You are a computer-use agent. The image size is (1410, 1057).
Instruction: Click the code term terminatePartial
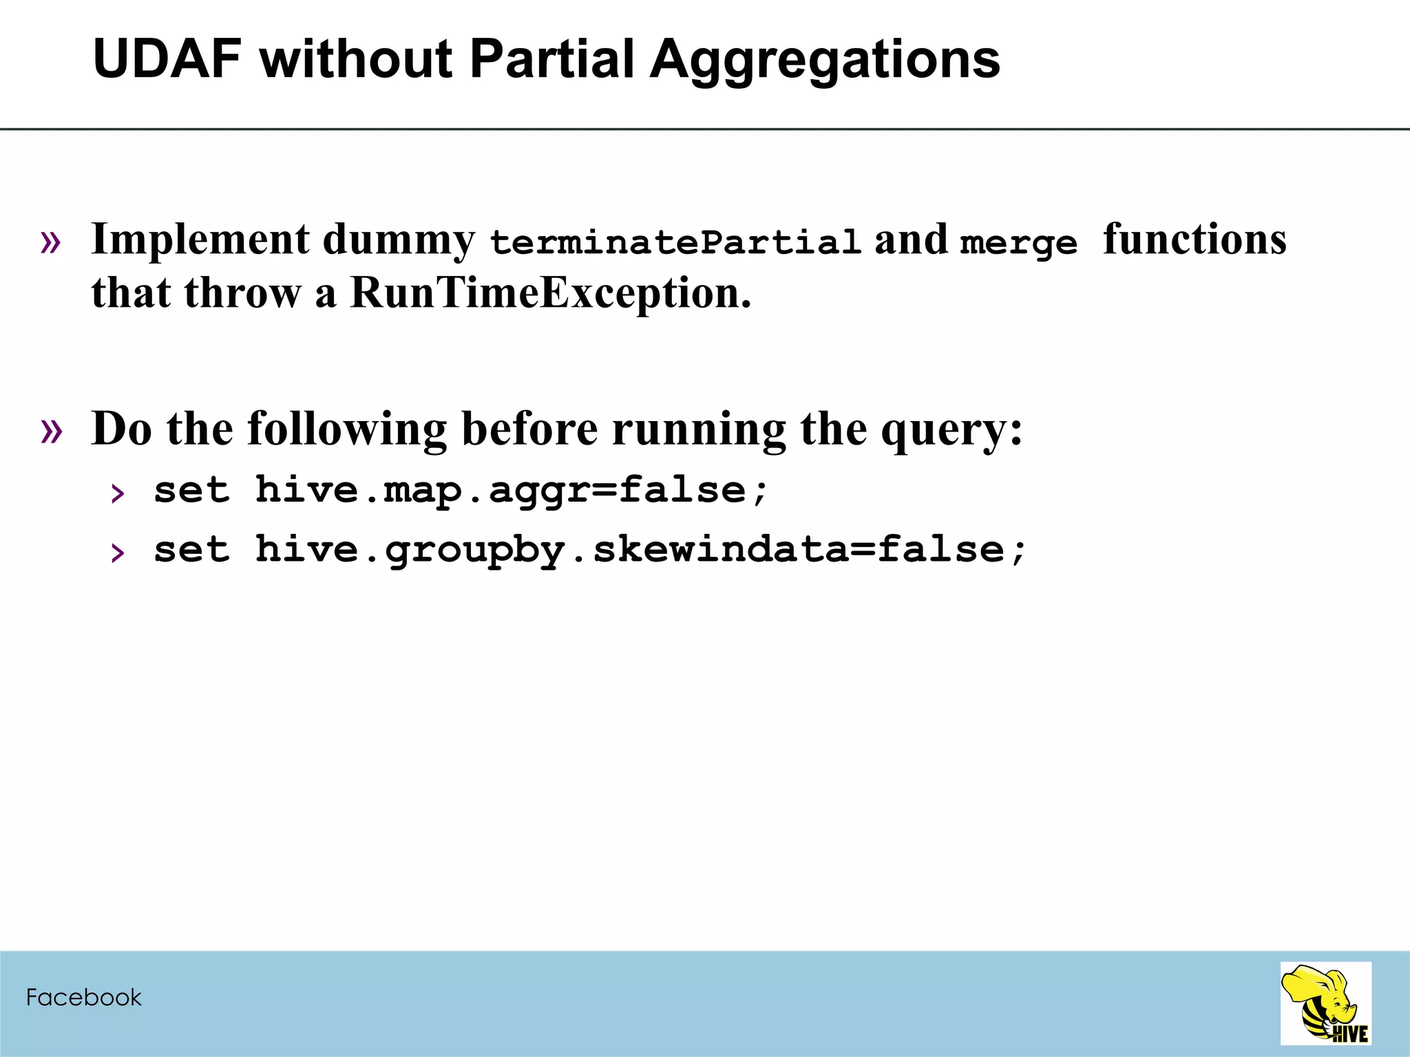[x=675, y=242]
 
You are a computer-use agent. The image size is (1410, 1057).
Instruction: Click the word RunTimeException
[x=550, y=293]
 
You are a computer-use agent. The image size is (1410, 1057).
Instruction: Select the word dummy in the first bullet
[x=399, y=241]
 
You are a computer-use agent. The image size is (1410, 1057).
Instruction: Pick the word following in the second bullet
[x=347, y=430]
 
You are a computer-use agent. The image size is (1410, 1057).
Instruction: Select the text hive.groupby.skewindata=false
[x=640, y=550]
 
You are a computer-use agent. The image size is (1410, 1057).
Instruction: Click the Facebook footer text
[x=83, y=997]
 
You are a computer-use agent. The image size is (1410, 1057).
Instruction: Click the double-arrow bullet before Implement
[x=52, y=242]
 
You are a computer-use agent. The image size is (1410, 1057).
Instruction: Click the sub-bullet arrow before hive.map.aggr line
[x=118, y=493]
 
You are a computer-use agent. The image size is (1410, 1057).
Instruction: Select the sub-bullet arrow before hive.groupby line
[x=118, y=552]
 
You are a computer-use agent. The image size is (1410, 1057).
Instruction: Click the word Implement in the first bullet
[x=200, y=241]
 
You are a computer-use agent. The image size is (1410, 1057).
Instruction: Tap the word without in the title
[x=355, y=59]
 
